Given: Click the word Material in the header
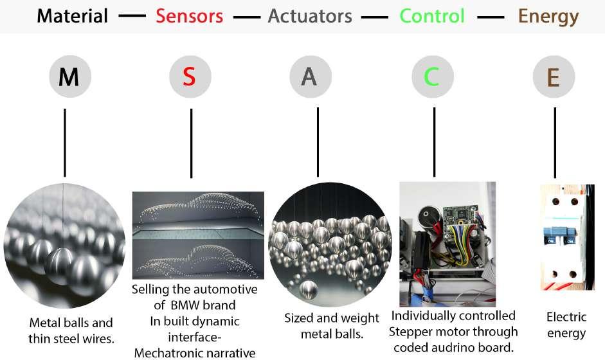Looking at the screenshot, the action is tap(72, 16).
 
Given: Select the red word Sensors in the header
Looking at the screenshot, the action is tap(189, 16).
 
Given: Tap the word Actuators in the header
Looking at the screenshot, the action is tap(310, 16).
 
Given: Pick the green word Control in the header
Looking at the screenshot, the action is tap(431, 16).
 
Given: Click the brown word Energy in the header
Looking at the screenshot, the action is tap(548, 16).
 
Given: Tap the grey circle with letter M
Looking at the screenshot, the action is tap(69, 77).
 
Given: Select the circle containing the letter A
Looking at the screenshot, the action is tap(310, 77).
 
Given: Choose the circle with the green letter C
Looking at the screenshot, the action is tap(431, 77).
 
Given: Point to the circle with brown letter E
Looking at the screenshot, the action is tap(553, 77).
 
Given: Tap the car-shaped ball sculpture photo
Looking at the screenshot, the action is tap(198, 235).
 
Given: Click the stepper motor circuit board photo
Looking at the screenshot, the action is tap(447, 244).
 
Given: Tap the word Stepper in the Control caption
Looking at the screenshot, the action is tap(417, 332).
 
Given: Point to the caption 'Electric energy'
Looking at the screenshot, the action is tap(566, 325).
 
